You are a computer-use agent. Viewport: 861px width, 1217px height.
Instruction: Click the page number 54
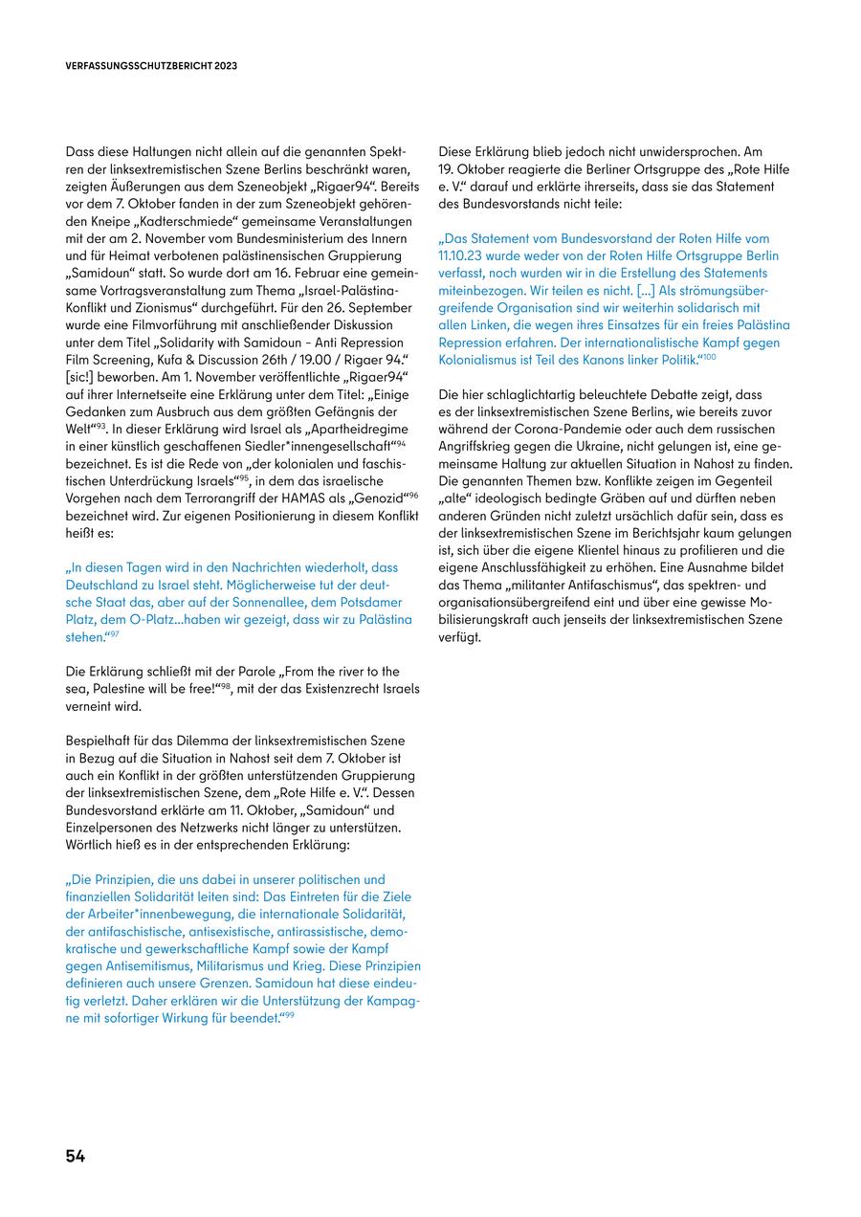pyautogui.click(x=76, y=1156)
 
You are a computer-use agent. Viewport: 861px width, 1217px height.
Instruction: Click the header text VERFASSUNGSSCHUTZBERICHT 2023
pyautogui.click(x=152, y=66)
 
